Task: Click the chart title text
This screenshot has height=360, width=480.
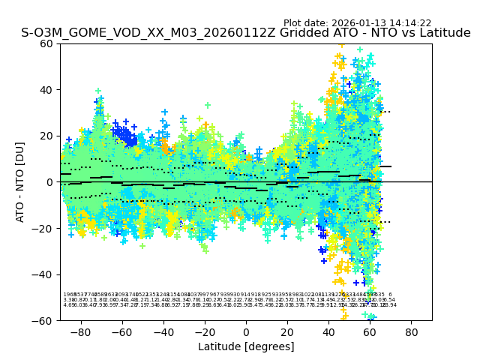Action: click(246, 33)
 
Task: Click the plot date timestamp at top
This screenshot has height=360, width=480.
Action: click(357, 23)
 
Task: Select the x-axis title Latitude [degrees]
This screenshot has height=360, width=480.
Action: click(246, 346)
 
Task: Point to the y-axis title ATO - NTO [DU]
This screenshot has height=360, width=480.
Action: click(20, 181)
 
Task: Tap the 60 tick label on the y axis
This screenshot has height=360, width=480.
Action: click(47, 43)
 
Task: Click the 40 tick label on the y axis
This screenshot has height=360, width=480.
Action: click(47, 90)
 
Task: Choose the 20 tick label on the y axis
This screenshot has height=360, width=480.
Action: click(47, 136)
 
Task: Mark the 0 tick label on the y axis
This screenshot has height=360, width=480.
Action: click(50, 182)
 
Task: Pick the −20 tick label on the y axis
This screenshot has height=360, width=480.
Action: click(44, 228)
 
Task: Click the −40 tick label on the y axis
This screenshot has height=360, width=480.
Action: click(44, 274)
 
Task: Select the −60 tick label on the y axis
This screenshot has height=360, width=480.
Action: click(44, 320)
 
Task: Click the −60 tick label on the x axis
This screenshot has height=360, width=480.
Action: click(121, 331)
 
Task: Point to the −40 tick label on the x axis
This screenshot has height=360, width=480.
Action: click(163, 331)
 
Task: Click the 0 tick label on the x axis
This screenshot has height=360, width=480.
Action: click(246, 331)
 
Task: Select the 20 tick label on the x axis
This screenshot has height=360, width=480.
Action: click(287, 331)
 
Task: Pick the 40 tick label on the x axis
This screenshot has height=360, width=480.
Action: click(328, 331)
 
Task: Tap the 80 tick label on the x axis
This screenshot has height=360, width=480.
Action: click(412, 331)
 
